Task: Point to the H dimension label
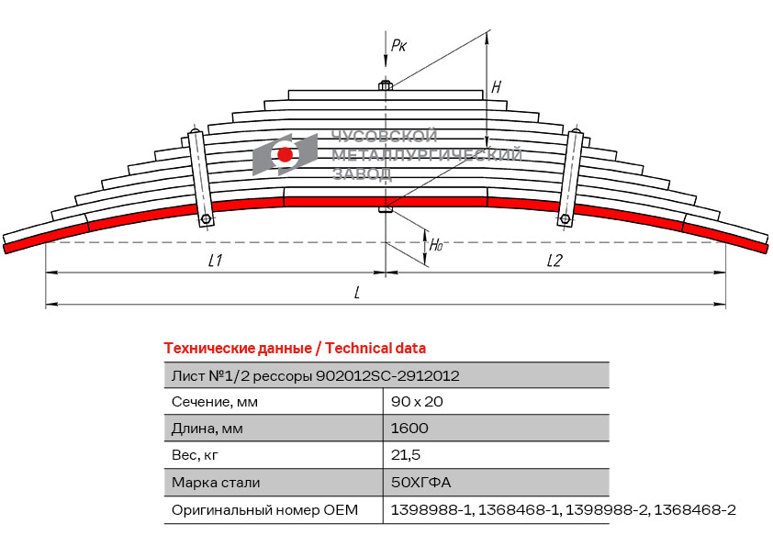click(x=496, y=88)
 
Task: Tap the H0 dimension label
click(x=437, y=245)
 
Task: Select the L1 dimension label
click(x=215, y=261)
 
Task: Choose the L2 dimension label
click(x=555, y=261)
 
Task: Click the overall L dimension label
click(x=356, y=292)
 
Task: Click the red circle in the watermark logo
click(x=285, y=155)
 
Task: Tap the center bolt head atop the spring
click(x=386, y=86)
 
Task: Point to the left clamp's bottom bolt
click(x=207, y=219)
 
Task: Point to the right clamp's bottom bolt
click(x=564, y=219)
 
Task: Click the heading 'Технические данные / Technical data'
click(x=295, y=348)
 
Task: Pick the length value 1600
click(x=409, y=429)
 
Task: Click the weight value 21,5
click(x=406, y=455)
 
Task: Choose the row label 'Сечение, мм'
click(x=215, y=402)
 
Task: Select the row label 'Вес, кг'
click(x=196, y=455)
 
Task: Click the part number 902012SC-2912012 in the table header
click(x=387, y=375)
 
